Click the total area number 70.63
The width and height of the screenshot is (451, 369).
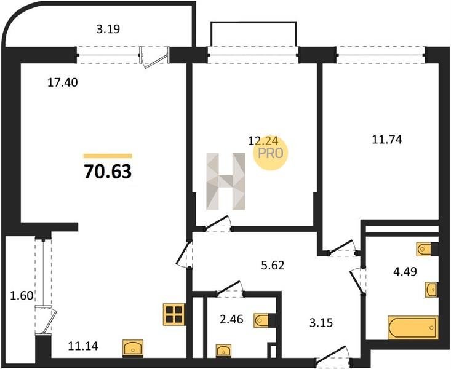pos(108,172)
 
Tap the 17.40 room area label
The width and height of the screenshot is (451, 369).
pos(62,83)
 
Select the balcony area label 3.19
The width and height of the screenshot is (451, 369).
pos(108,29)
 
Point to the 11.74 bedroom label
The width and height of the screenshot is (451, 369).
pos(387,140)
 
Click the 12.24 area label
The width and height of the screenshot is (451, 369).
pos(263,141)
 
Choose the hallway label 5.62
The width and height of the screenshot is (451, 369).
pos(273,265)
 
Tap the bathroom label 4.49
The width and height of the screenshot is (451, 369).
pos(405,271)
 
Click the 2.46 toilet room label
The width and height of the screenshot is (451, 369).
pos(231,319)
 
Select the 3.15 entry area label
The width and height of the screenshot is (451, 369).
pos(321,323)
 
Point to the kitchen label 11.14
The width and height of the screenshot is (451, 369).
pos(83,346)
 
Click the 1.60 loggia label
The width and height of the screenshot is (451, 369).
pos(22,295)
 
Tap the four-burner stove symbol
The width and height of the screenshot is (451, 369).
pos(174,314)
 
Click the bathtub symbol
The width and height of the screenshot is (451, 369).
pos(413,328)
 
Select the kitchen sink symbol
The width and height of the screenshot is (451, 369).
pos(133,348)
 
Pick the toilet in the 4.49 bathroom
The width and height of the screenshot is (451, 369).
pos(427,249)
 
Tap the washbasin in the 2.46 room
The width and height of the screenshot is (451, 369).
pos(223,351)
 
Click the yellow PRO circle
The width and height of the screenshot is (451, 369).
pos(270,153)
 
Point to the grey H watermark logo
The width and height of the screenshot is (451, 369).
pos(226,181)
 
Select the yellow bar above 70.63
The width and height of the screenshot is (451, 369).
pos(108,156)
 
